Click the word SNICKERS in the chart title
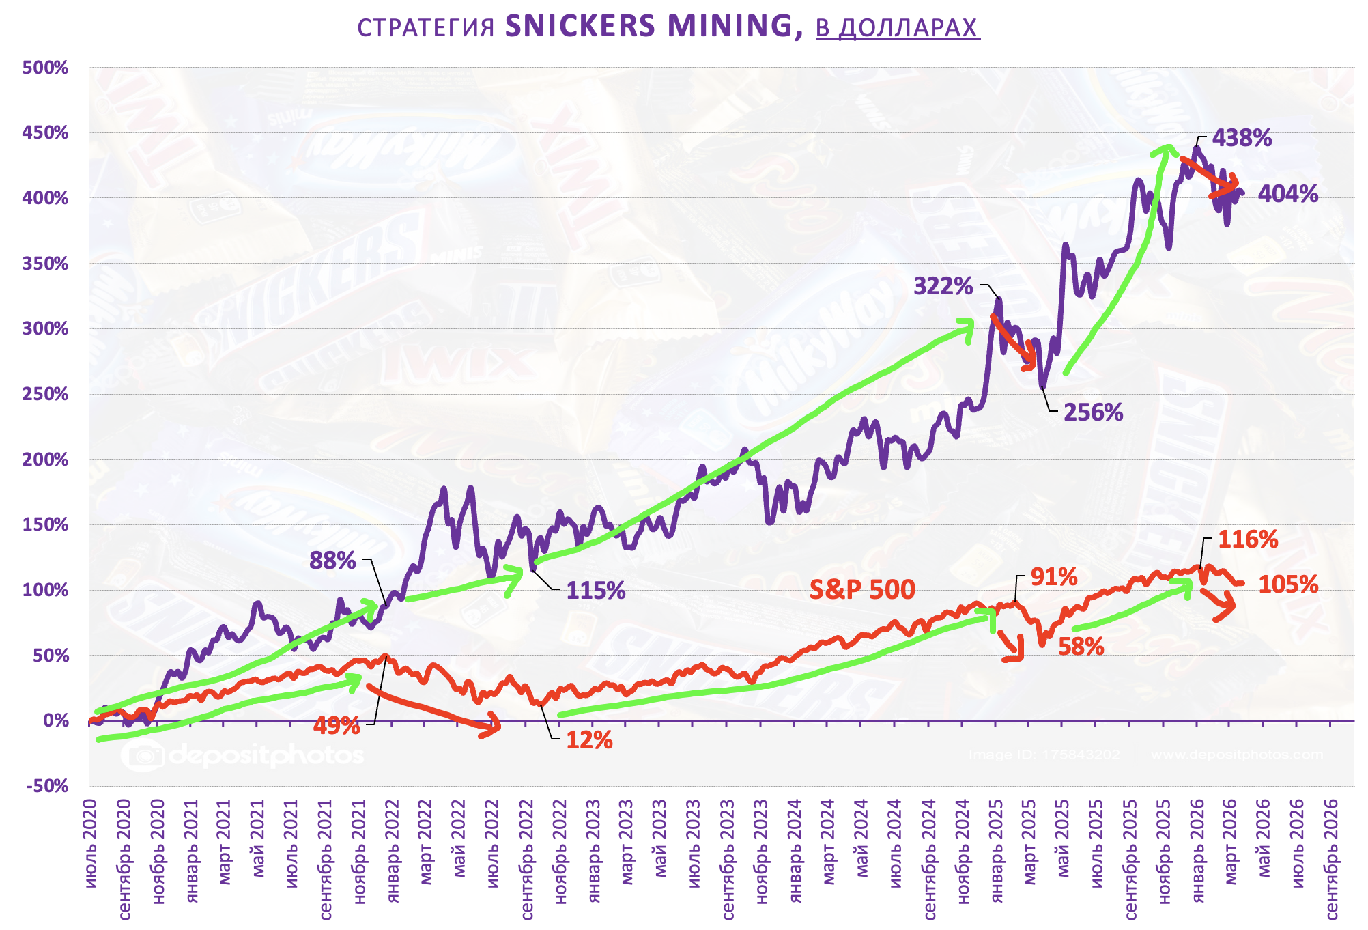pyautogui.click(x=580, y=26)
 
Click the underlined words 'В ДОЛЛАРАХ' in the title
pyautogui.click(x=898, y=27)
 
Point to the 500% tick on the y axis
pyautogui.click(x=46, y=68)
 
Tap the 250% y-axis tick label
pyautogui.click(x=46, y=394)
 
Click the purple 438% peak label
pyautogui.click(x=1242, y=138)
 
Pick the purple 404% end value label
pyautogui.click(x=1287, y=194)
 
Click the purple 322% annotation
pyautogui.click(x=943, y=285)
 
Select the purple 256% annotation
pyautogui.click(x=1093, y=412)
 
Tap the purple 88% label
pyautogui.click(x=332, y=561)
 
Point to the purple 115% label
pyautogui.click(x=595, y=591)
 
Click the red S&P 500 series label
pyautogui.click(x=862, y=589)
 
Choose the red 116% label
pyautogui.click(x=1248, y=540)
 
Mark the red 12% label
pyautogui.click(x=589, y=740)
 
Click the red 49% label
pyautogui.click(x=337, y=725)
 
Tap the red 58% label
pyautogui.click(x=1081, y=646)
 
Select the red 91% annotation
pyautogui.click(x=1054, y=577)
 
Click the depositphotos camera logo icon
pyautogui.click(x=143, y=755)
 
